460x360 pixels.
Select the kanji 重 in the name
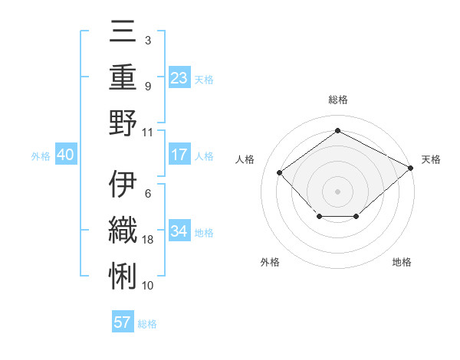pyautogui.click(x=123, y=78)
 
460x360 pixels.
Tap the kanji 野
pyautogui.click(x=123, y=123)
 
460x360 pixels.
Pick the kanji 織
pyautogui.click(x=123, y=230)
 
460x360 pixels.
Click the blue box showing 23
pyautogui.click(x=179, y=77)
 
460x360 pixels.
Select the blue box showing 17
pyautogui.click(x=179, y=155)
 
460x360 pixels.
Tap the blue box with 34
pyautogui.click(x=179, y=231)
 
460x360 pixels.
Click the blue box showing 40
pyautogui.click(x=65, y=155)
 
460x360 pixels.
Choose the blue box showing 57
pyautogui.click(x=123, y=322)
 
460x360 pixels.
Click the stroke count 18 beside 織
pyautogui.click(x=149, y=240)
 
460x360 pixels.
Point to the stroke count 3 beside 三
pyautogui.click(x=147, y=40)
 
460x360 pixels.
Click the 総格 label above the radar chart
pyautogui.click(x=337, y=100)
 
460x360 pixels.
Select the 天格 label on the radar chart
pyautogui.click(x=431, y=159)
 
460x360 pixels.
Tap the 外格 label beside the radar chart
pyautogui.click(x=270, y=262)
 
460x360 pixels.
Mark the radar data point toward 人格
pyautogui.click(x=280, y=172)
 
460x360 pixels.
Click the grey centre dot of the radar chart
pyautogui.click(x=337, y=191)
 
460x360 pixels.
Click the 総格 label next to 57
pyautogui.click(x=147, y=323)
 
